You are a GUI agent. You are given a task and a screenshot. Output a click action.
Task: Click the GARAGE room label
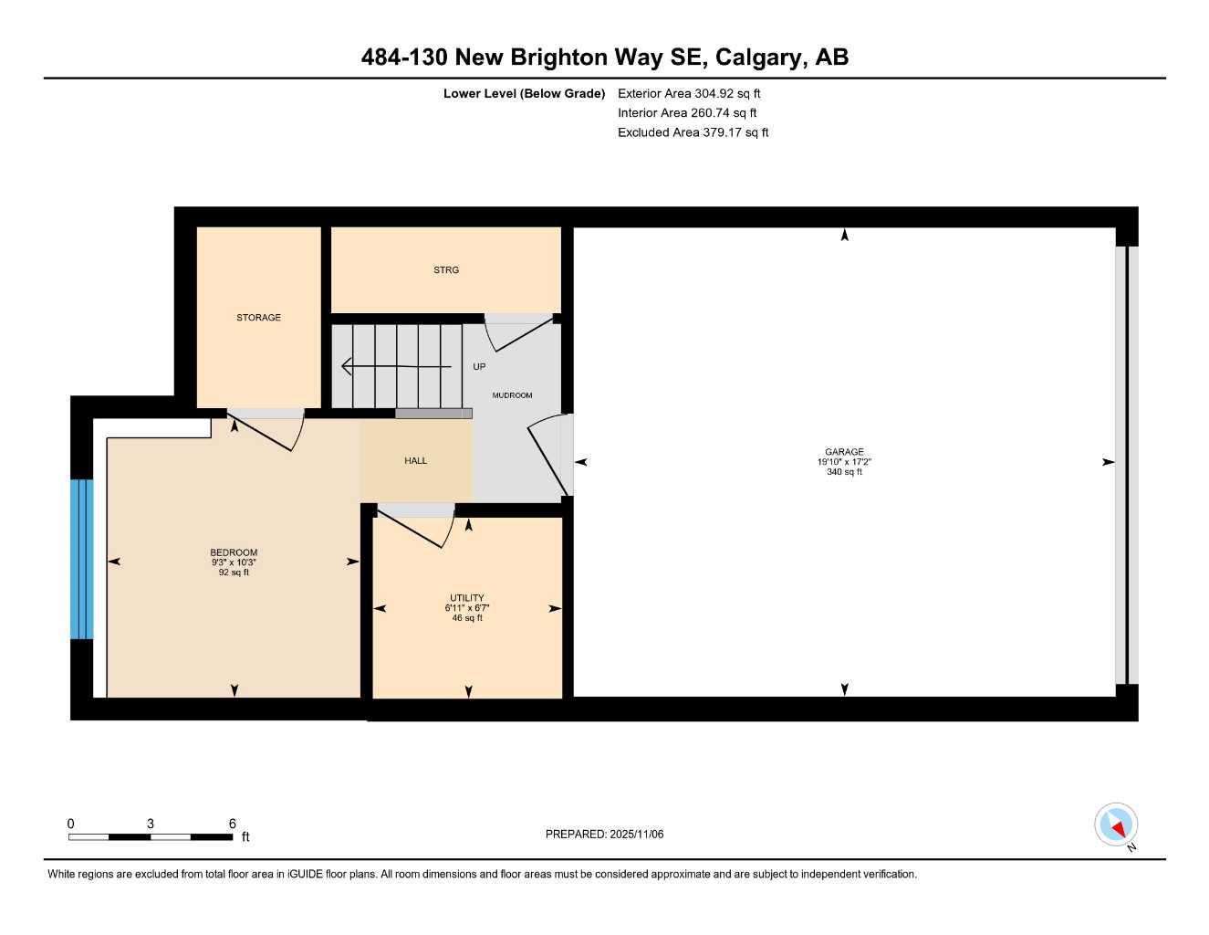pos(844,451)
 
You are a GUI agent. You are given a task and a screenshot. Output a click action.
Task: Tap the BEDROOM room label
pos(234,552)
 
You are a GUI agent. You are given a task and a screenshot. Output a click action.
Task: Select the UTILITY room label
pos(466,598)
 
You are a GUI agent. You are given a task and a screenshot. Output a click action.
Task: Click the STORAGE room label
pos(258,318)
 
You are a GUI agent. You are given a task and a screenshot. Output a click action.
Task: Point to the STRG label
pos(446,270)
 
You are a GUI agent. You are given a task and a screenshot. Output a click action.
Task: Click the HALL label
pos(415,461)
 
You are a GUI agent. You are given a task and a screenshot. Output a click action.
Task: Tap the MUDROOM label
pos(512,395)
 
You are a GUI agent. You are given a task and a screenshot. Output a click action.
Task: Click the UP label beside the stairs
pos(479,367)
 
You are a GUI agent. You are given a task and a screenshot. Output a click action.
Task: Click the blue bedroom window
pos(82,559)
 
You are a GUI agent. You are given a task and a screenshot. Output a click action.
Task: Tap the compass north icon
pos(1116,825)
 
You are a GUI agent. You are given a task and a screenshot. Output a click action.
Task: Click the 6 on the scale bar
pos(233,824)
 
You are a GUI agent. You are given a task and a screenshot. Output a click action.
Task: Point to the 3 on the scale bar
pos(151,824)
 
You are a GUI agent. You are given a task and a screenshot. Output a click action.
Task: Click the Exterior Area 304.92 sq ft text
pos(689,93)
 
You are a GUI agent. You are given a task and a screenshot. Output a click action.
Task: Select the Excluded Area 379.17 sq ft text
pos(693,132)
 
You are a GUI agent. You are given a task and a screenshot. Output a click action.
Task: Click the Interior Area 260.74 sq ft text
pos(687,113)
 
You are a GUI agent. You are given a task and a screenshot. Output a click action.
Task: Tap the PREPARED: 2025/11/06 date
pos(604,834)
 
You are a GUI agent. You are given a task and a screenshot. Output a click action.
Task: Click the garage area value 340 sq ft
pos(844,472)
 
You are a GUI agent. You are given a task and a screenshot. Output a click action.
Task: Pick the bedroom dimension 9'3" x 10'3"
pos(234,562)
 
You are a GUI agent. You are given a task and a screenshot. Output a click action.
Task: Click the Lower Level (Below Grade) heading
pos(524,93)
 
